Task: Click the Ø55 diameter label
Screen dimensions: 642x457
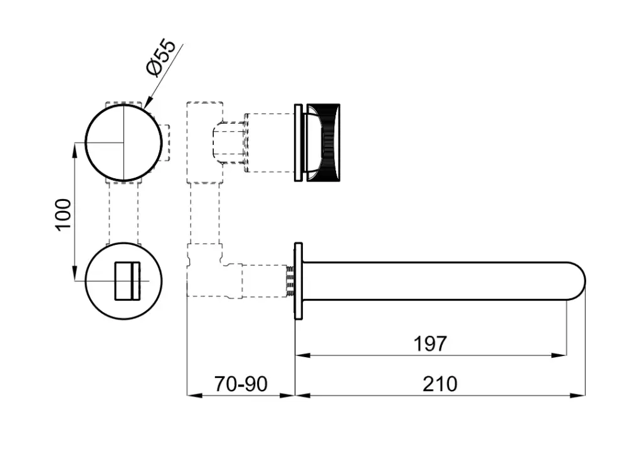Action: click(x=161, y=57)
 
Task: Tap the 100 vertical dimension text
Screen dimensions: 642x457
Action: click(x=63, y=215)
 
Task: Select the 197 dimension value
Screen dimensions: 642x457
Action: click(x=430, y=343)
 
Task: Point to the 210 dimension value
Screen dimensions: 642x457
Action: click(x=439, y=384)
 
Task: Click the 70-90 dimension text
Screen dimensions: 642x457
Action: click(x=241, y=384)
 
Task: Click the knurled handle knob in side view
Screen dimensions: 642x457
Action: click(x=323, y=142)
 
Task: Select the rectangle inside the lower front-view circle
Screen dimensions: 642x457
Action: click(x=127, y=281)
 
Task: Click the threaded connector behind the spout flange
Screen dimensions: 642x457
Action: click(x=290, y=281)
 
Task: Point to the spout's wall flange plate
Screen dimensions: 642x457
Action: click(x=298, y=281)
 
